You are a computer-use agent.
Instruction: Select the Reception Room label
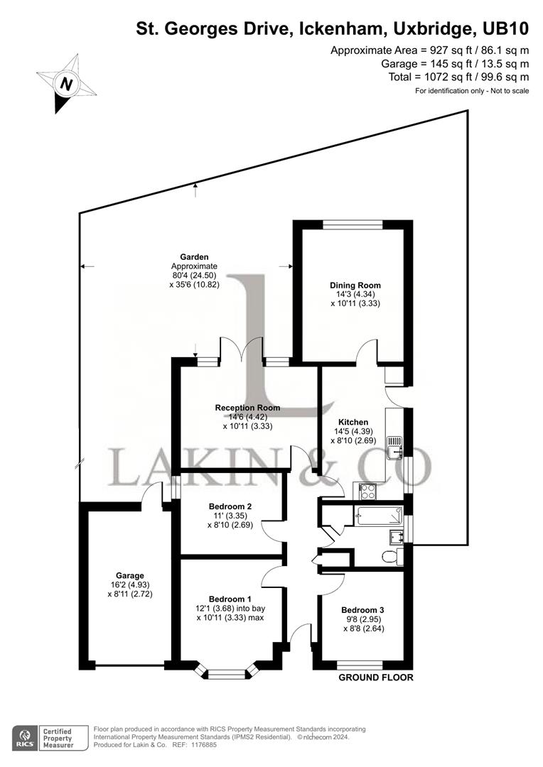tap(247, 408)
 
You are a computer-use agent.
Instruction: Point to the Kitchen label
tap(353, 422)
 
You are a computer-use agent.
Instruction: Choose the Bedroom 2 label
tap(231, 506)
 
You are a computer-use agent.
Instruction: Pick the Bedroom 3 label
tap(362, 610)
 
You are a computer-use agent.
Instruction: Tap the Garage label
tap(130, 575)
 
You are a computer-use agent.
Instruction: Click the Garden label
tap(193, 257)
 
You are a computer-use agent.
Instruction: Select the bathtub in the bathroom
tap(379, 516)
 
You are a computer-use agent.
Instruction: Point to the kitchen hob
tap(368, 490)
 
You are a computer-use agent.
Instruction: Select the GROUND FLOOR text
tap(376, 678)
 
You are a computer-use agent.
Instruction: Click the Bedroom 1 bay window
tap(228, 670)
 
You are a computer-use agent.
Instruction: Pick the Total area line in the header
tap(458, 77)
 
